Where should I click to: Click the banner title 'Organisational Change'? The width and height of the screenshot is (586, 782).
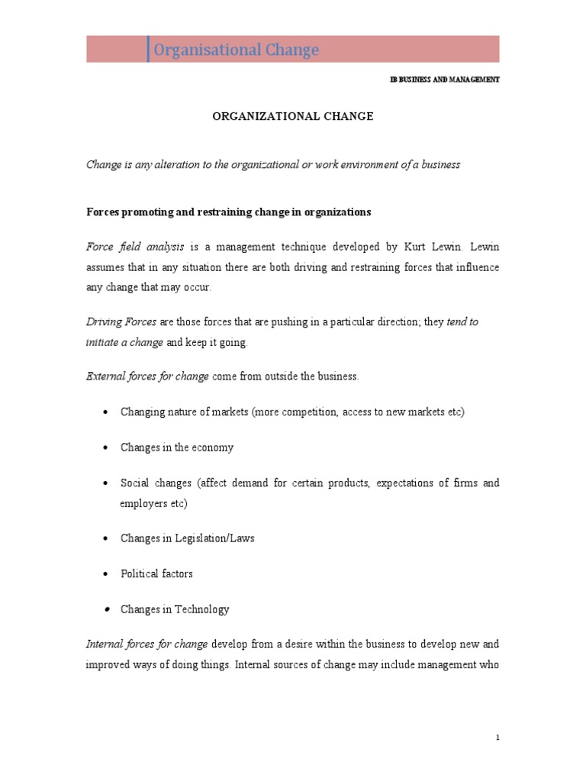point(237,50)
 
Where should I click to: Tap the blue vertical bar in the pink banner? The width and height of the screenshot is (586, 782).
point(148,49)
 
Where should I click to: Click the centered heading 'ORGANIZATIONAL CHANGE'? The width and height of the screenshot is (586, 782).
point(292,117)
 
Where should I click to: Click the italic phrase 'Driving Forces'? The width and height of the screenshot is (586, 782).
point(121,322)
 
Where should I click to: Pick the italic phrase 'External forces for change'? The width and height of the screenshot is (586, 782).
point(146,376)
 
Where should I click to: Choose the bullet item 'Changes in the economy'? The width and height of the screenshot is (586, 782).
point(177,448)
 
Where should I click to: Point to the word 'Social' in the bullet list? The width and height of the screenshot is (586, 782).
point(135,483)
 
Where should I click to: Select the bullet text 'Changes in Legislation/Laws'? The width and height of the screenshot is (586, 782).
point(187,538)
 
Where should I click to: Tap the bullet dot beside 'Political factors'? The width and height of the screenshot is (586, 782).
point(105,574)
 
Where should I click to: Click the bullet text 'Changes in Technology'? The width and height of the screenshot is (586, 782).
point(175,609)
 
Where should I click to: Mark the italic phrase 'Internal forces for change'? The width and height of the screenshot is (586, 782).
point(146,645)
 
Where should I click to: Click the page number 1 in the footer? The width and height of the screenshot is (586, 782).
point(497,738)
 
